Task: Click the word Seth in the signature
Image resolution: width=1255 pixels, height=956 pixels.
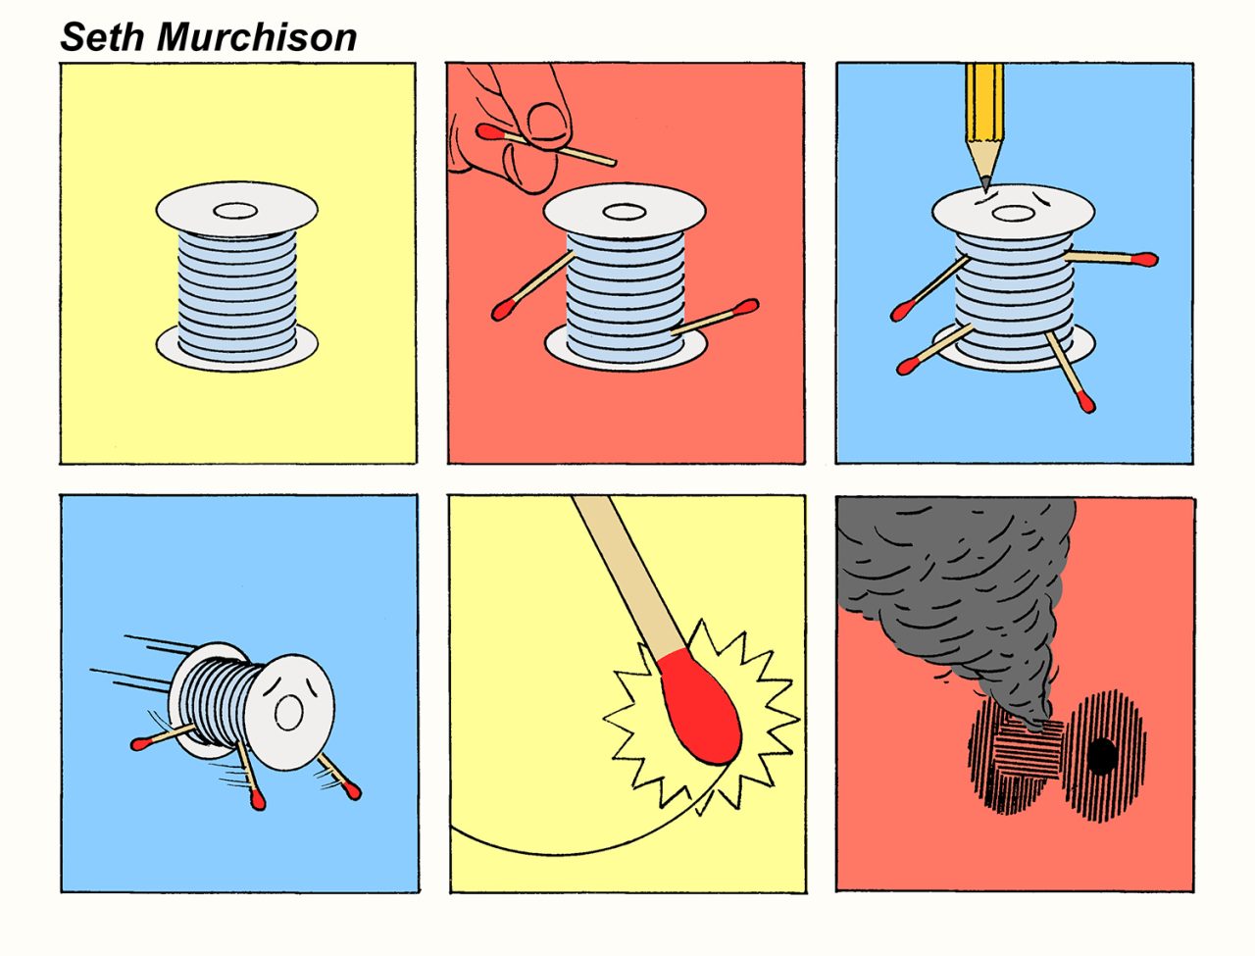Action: (102, 37)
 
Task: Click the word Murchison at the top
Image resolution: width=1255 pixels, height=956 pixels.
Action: (257, 37)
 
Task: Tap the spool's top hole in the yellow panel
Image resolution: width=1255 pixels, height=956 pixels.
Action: (235, 211)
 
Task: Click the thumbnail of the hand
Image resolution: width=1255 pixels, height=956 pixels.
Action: (548, 122)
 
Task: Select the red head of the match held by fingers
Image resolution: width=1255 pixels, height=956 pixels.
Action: (489, 132)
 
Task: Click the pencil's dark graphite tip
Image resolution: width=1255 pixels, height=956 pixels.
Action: (985, 184)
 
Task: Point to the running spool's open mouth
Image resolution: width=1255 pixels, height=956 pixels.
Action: (288, 713)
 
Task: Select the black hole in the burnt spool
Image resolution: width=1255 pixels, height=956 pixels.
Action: (1102, 756)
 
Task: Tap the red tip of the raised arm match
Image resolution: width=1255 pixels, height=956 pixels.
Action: (1145, 260)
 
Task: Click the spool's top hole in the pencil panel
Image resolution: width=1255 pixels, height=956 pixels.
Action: (1013, 214)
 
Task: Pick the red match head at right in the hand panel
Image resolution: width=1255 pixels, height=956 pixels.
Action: (745, 308)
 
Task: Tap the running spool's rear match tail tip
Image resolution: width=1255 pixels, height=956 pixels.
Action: (138, 744)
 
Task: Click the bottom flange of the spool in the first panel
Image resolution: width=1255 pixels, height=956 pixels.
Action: (236, 349)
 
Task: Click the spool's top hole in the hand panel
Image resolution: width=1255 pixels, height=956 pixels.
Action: (624, 212)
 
